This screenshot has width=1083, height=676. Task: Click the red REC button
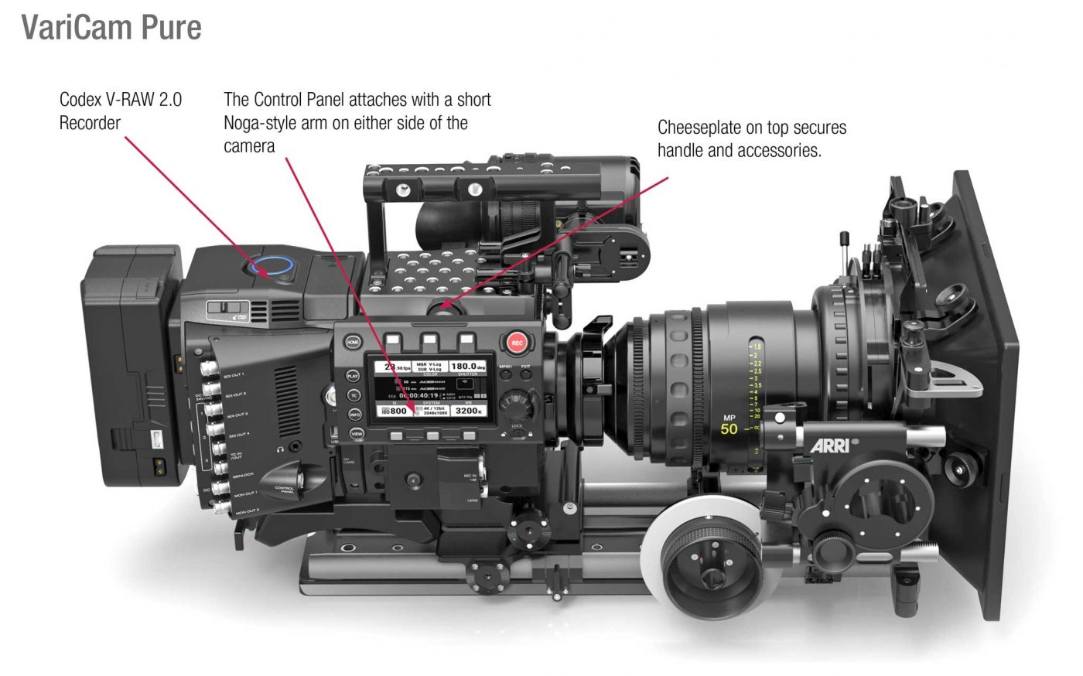517,343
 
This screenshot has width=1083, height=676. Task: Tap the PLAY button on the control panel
353,376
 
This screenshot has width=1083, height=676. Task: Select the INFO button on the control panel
354,415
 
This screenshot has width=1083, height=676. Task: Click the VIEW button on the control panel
357,434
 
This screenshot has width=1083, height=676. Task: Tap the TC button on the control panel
354,395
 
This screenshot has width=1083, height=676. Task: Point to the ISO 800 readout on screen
394,411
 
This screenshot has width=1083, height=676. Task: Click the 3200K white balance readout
469,411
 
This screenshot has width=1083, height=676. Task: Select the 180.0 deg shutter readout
468,367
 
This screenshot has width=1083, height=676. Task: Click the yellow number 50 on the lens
729,429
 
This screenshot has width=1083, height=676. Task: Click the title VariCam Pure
111,27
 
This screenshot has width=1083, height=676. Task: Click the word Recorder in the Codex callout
90,123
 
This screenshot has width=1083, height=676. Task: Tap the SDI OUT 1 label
234,375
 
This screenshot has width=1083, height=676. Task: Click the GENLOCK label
241,474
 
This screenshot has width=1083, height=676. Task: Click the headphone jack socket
295,446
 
